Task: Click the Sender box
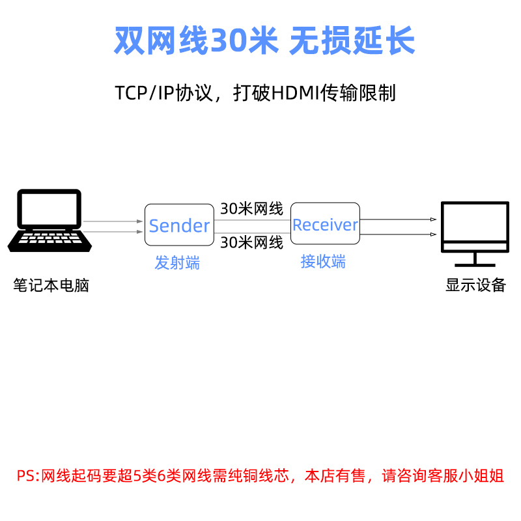(x=179, y=225)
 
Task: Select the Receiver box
(x=325, y=225)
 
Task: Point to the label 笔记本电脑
(x=51, y=285)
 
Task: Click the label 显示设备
(x=475, y=285)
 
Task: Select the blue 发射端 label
(x=177, y=263)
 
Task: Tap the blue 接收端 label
(x=323, y=262)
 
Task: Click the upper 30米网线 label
(x=251, y=209)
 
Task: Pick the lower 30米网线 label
(x=251, y=243)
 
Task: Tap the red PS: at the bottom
(x=28, y=476)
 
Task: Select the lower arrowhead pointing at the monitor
(x=433, y=233)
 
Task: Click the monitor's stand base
(x=475, y=264)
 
